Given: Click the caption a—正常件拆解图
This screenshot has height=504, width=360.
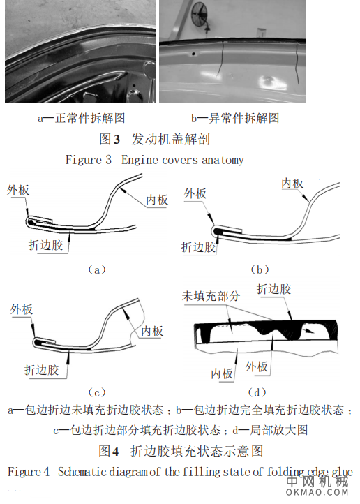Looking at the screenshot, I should (82, 118).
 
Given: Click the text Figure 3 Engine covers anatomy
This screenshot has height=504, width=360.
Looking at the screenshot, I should (155, 160).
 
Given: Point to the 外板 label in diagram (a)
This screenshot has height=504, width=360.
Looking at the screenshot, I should (19, 190).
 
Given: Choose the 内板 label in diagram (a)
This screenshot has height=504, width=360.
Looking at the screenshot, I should (157, 200).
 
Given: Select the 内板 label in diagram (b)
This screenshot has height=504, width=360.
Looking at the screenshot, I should (292, 183).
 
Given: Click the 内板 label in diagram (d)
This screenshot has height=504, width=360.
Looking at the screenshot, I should (222, 373).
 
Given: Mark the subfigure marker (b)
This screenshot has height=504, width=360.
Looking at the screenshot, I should (259, 269).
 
